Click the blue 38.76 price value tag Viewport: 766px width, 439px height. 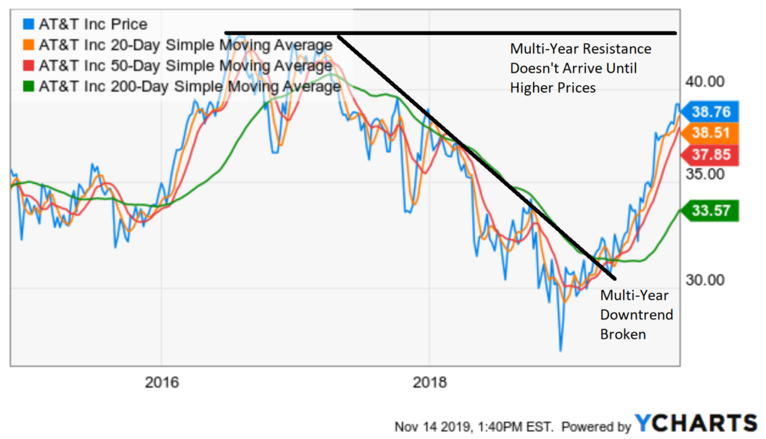(711, 111)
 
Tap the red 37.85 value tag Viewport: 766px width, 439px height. (711, 155)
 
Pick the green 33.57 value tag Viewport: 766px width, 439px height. (711, 211)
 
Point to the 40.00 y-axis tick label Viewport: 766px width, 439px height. (705, 82)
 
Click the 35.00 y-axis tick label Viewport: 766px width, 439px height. (705, 174)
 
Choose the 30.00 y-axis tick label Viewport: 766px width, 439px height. (705, 280)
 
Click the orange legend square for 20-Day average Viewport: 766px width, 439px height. (28, 46)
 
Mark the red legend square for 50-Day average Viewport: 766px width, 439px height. (28, 66)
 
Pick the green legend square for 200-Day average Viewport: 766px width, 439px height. (28, 86)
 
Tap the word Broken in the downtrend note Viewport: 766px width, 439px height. (623, 334)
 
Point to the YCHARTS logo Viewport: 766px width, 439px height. (696, 423)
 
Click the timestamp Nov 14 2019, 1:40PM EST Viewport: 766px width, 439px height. (474, 426)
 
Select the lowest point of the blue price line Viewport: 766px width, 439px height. (559, 350)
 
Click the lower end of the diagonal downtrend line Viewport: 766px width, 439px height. (614, 277)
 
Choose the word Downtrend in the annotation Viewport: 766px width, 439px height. (637, 315)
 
